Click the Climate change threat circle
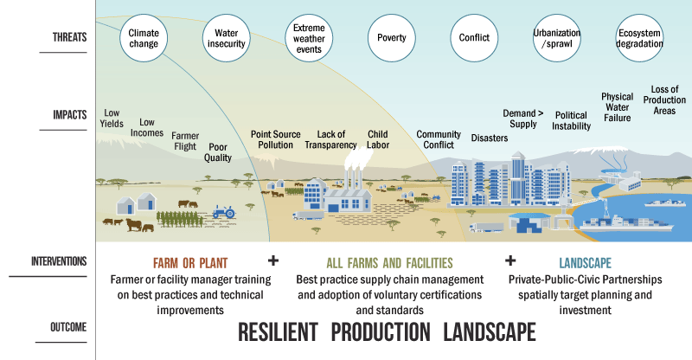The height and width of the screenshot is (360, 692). pyautogui.click(x=144, y=38)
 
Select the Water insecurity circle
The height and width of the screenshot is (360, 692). pyautogui.click(x=227, y=38)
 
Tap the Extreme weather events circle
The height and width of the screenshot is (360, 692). pyautogui.click(x=309, y=38)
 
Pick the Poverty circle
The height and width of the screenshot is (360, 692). pyautogui.click(x=392, y=38)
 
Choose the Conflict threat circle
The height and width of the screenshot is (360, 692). pyautogui.click(x=474, y=38)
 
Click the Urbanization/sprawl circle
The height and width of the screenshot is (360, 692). pyautogui.click(x=556, y=38)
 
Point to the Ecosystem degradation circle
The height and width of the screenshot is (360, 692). pyautogui.click(x=639, y=38)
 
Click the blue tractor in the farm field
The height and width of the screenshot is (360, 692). pyautogui.click(x=224, y=212)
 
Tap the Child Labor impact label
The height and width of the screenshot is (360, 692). pyautogui.click(x=378, y=139)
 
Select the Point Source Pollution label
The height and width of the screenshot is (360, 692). pyautogui.click(x=275, y=139)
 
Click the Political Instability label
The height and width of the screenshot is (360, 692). pyautogui.click(x=571, y=120)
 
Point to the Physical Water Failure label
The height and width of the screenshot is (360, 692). pyautogui.click(x=617, y=107)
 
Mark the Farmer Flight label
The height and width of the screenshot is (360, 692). pyautogui.click(x=185, y=141)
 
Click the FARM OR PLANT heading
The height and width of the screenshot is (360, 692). pyautogui.click(x=190, y=263)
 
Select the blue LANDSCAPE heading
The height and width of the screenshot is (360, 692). pyautogui.click(x=586, y=263)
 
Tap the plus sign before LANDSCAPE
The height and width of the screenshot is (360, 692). pyautogui.click(x=510, y=260)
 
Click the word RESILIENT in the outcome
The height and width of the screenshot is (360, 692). pyautogui.click(x=278, y=332)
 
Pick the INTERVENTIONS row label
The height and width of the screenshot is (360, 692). pyautogui.click(x=59, y=261)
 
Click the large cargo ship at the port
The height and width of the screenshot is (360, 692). pyautogui.click(x=626, y=222)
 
